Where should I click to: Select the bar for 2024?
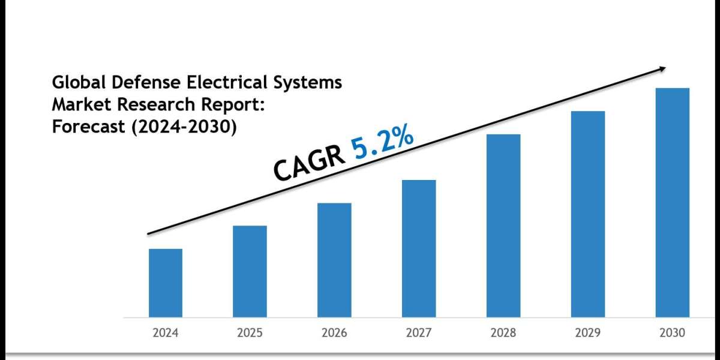pyautogui.click(x=166, y=283)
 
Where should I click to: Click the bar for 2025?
pyautogui.click(x=250, y=271)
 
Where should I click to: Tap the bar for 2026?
pyautogui.click(x=334, y=260)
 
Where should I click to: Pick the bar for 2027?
pyautogui.click(x=419, y=248)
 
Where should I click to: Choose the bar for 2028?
pyautogui.click(x=503, y=226)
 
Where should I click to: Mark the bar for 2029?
pyautogui.click(x=588, y=214)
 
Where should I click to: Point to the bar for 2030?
pyautogui.click(x=673, y=203)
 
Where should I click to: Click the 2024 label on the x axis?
pyautogui.click(x=166, y=332)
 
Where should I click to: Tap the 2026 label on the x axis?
pyautogui.click(x=334, y=332)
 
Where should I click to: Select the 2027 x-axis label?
pyautogui.click(x=419, y=332)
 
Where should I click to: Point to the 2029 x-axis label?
pyautogui.click(x=588, y=332)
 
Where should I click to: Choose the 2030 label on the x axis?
pyautogui.click(x=673, y=332)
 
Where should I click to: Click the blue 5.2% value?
pyautogui.click(x=382, y=145)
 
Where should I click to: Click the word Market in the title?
pyautogui.click(x=77, y=104)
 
